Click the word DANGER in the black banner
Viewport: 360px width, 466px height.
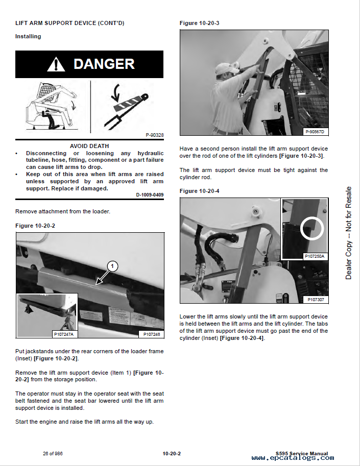(x=104, y=64)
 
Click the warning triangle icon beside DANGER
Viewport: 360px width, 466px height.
(x=56, y=64)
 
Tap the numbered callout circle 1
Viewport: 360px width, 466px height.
(x=112, y=265)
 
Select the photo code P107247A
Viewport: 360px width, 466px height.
(x=64, y=334)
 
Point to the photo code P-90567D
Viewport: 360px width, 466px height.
(x=315, y=132)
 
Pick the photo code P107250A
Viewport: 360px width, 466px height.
(x=314, y=256)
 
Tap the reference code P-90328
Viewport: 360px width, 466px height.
(x=154, y=135)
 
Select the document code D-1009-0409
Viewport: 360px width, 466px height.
(x=150, y=194)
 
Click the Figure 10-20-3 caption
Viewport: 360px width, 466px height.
(x=199, y=23)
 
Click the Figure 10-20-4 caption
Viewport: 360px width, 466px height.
(x=199, y=191)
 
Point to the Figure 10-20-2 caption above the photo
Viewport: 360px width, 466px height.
(x=35, y=225)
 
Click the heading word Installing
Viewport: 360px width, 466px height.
(x=28, y=36)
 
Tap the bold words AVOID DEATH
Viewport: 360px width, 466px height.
(x=90, y=145)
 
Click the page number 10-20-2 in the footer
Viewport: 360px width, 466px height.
(x=172, y=453)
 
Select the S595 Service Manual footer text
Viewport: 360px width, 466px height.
(x=301, y=453)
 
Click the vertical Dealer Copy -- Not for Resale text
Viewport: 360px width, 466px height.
(x=348, y=233)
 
